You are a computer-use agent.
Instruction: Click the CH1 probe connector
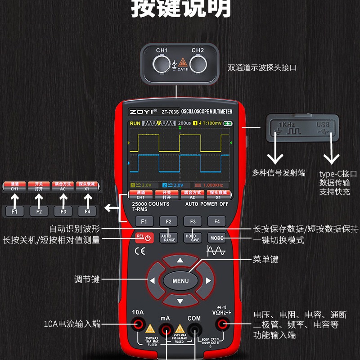tap(162, 65)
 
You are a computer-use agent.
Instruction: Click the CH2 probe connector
tap(198, 65)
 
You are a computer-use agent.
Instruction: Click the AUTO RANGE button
tap(168, 237)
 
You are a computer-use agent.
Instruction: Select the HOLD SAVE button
tap(193, 237)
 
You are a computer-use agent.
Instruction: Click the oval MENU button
tap(180, 281)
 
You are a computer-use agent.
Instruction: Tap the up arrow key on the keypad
tap(180, 261)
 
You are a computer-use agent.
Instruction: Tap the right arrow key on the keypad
tap(208, 281)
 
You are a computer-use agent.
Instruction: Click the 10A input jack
tap(138, 324)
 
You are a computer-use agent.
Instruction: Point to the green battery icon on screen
tap(229, 123)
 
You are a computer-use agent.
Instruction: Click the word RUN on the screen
tap(135, 123)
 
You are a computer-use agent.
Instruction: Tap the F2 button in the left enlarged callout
tap(39, 211)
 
